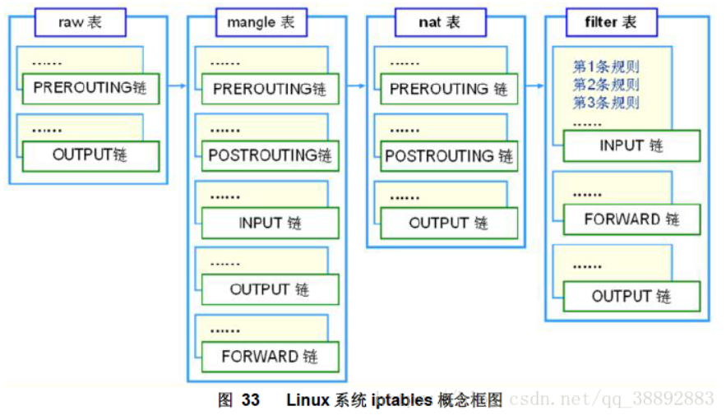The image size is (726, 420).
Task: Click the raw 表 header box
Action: tap(80, 22)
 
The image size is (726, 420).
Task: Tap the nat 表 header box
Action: tap(440, 22)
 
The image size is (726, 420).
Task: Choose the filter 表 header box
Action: tap(612, 22)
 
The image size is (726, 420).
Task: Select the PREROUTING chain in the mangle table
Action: tap(270, 89)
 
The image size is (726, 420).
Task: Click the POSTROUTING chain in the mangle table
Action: tap(270, 155)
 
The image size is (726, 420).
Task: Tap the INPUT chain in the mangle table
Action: tap(270, 223)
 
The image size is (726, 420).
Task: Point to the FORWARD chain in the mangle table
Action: tap(270, 357)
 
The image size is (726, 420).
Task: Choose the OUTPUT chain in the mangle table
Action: tap(270, 289)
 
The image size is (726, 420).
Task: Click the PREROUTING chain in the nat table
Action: tap(449, 89)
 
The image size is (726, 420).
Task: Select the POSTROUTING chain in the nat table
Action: tap(449, 155)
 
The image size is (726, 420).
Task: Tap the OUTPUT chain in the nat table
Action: tap(449, 223)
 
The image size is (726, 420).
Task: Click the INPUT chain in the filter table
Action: tap(631, 146)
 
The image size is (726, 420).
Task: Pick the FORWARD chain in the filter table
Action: tap(631, 219)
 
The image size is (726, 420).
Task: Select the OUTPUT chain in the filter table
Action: tap(631, 296)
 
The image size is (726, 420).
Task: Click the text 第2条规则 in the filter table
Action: tap(606, 85)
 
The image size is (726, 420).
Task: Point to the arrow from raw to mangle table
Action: tap(177, 85)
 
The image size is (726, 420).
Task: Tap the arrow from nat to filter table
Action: tap(534, 85)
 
